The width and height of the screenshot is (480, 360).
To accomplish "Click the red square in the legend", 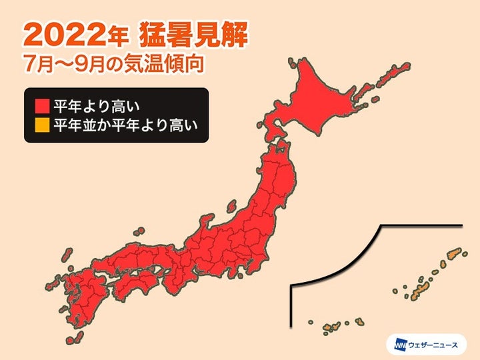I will (x=41, y=105).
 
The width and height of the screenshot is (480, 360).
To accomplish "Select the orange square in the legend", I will (x=41, y=125).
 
